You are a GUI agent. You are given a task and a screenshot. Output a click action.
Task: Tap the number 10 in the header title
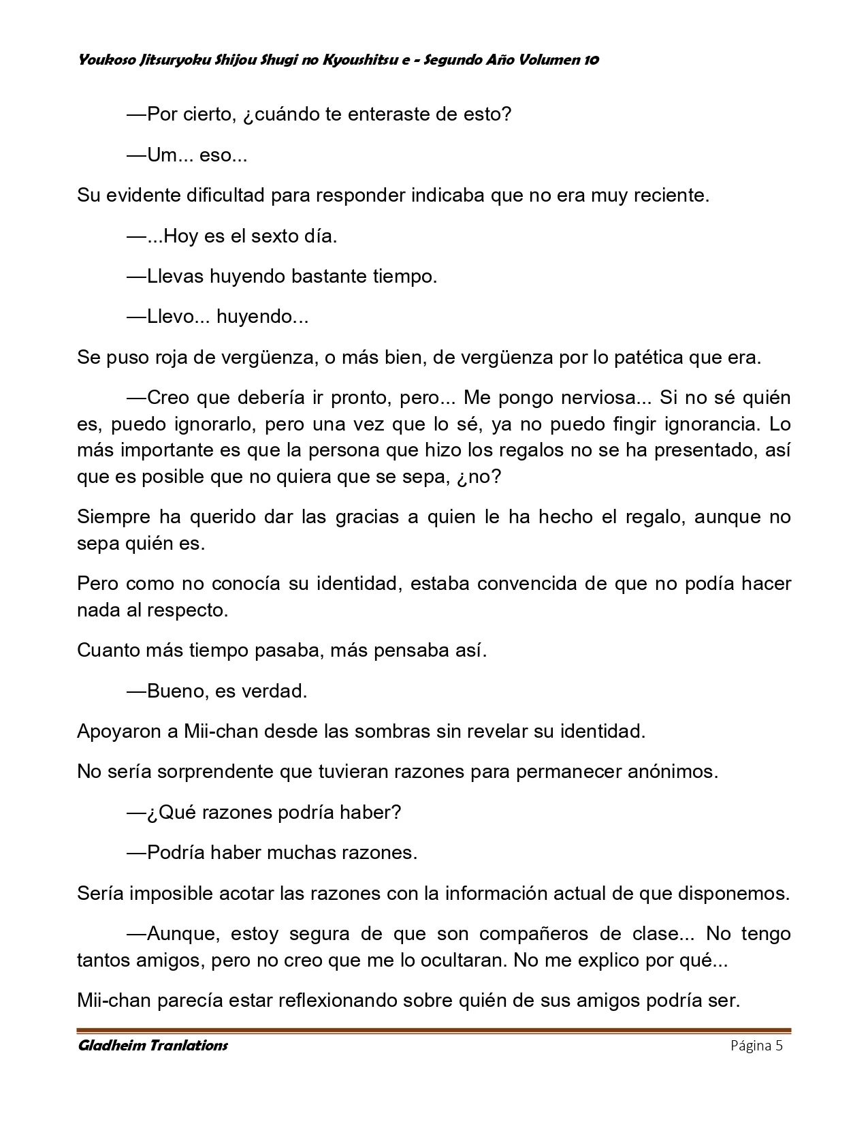point(591,60)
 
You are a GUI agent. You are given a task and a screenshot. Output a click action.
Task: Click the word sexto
point(273,236)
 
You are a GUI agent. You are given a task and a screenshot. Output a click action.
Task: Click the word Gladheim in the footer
point(110,1046)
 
